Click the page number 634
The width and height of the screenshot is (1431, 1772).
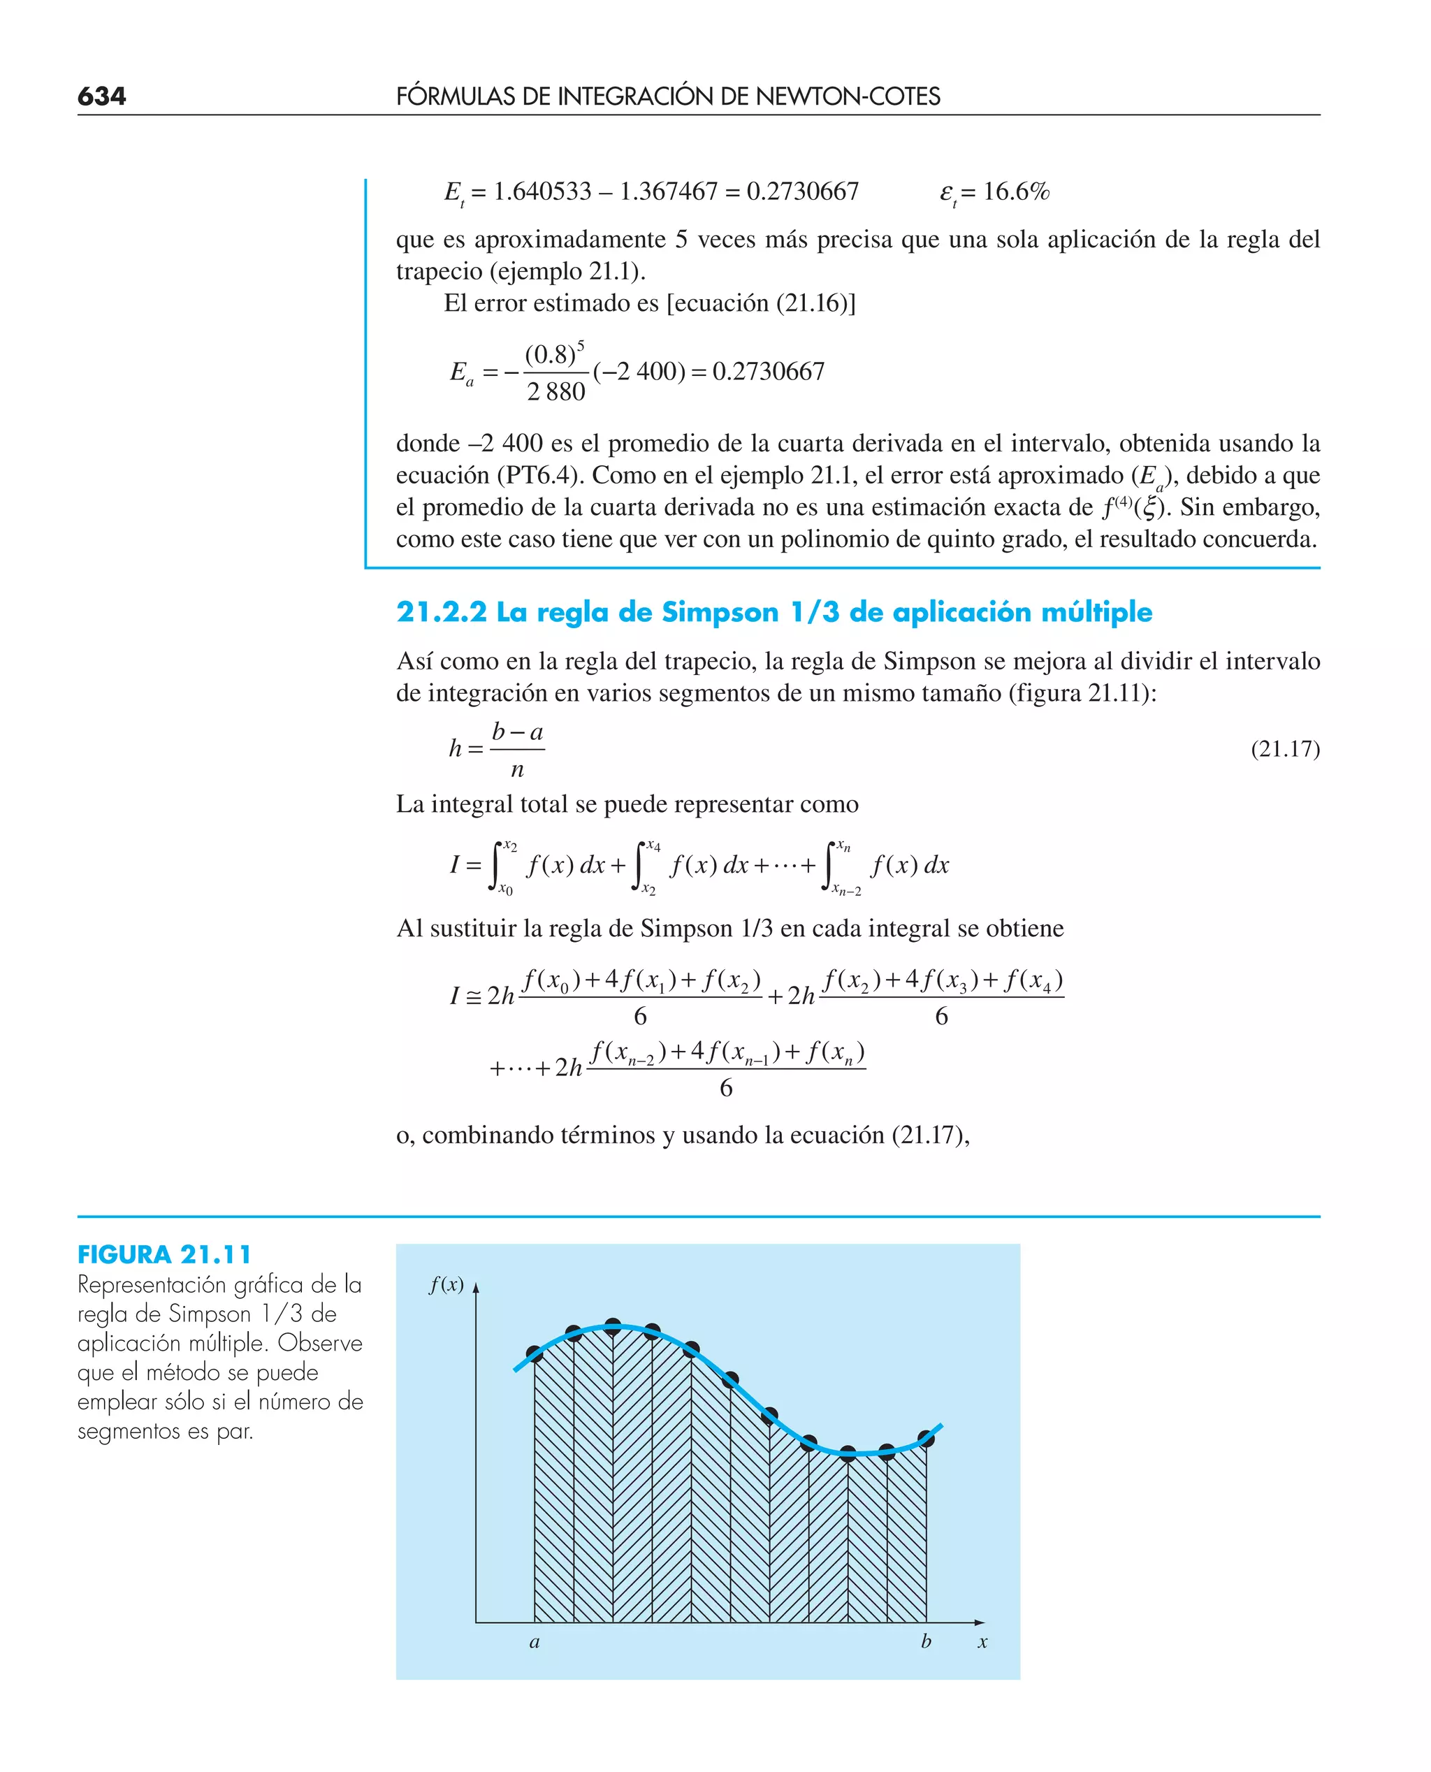(x=101, y=96)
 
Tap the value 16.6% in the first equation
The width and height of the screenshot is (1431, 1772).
(x=1017, y=192)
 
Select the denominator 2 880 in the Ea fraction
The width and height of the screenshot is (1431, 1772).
(x=555, y=391)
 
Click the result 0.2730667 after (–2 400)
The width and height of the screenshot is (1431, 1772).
(x=769, y=372)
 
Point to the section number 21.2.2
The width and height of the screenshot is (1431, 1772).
(x=441, y=612)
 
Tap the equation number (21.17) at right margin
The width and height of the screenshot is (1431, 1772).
(x=1284, y=748)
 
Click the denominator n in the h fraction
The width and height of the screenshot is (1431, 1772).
(x=517, y=770)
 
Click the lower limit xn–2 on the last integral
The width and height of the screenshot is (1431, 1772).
(x=847, y=890)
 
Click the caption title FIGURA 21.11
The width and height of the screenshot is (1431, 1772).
(x=164, y=1254)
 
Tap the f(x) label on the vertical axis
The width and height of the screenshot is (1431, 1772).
(x=446, y=1285)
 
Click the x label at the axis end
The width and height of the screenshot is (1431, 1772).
(x=982, y=1642)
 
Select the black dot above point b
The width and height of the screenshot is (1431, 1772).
(x=926, y=1439)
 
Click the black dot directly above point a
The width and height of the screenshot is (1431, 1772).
(x=534, y=1353)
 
